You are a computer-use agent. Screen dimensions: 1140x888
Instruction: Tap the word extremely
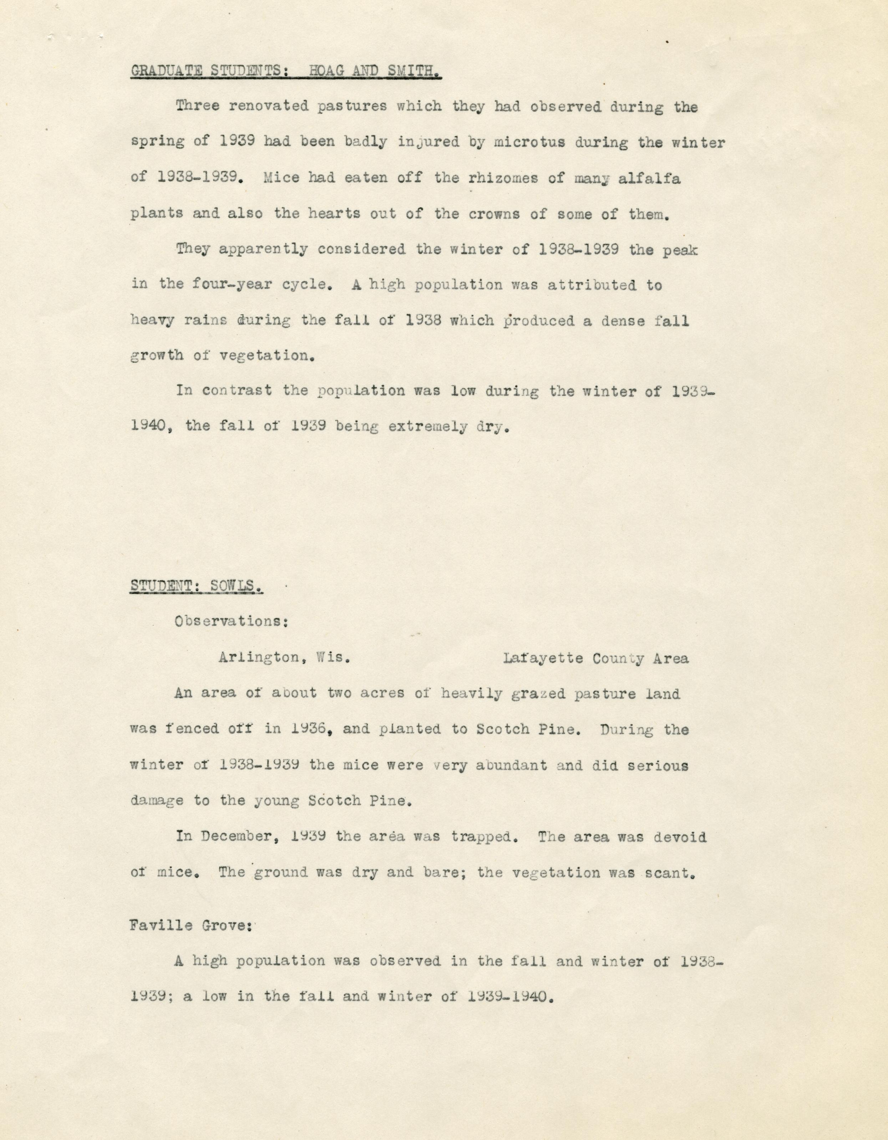[427, 427]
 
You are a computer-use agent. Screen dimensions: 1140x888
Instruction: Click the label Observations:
[231, 622]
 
